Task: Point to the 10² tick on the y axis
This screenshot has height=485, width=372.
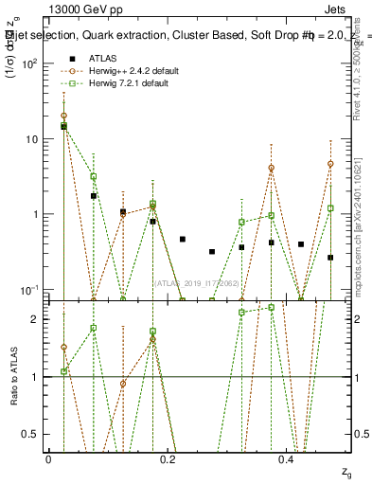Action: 30,63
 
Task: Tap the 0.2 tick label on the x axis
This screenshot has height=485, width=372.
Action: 168,459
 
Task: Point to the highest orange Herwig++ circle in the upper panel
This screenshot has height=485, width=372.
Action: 63,116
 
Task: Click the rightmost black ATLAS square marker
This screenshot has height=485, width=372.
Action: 330,258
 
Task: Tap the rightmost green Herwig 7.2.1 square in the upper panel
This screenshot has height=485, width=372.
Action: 330,208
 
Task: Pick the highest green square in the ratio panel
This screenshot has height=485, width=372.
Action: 271,307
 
